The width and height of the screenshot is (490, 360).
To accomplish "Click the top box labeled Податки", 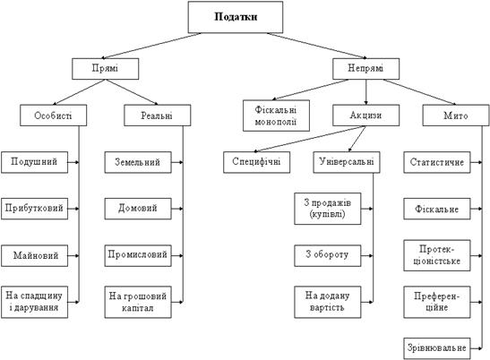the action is (236, 17).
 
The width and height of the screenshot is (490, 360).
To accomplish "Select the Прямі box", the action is (106, 69).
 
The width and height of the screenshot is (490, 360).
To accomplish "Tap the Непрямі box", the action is (366, 69).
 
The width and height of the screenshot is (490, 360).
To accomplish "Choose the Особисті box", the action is (53, 116).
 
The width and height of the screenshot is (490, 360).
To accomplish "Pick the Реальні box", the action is (157, 116).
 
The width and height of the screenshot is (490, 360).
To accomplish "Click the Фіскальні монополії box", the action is (276, 116).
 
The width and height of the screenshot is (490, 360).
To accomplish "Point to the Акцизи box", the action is (366, 116).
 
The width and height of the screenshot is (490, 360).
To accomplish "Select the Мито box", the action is (456, 116).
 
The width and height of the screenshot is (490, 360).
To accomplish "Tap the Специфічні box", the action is (256, 162).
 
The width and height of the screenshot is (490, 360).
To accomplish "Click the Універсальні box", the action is (347, 162).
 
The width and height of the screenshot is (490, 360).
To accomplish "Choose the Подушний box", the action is (34, 162).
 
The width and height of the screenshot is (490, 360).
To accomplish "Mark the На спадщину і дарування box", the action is (34, 302).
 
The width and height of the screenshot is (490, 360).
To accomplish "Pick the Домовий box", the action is (138, 209).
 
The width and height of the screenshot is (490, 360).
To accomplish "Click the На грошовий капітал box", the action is (138, 302).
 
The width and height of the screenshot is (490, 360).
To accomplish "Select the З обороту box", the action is (328, 255).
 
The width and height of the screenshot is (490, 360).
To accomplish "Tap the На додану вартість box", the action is (328, 302).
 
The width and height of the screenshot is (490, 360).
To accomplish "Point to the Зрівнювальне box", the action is (437, 348).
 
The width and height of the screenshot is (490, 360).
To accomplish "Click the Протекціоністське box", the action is (437, 255).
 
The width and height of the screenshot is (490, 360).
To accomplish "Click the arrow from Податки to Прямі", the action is (151, 46).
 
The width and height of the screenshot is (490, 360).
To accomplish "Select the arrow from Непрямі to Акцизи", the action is (366, 92).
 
